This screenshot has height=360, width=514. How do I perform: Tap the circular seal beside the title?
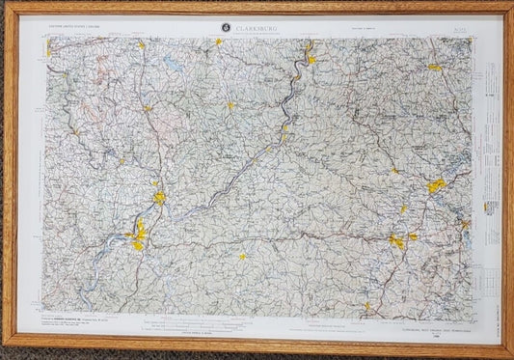click(x=225, y=28)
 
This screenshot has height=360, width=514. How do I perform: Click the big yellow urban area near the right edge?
click(x=437, y=184)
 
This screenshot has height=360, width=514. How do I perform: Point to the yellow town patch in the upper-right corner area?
click(x=435, y=68)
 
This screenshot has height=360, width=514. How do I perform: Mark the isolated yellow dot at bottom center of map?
click(x=243, y=256)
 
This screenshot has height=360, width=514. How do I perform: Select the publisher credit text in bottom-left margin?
click(x=77, y=319)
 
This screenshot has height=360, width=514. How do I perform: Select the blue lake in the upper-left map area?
click(x=171, y=69)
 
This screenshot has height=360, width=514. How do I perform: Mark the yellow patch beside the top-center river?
click(x=311, y=59)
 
